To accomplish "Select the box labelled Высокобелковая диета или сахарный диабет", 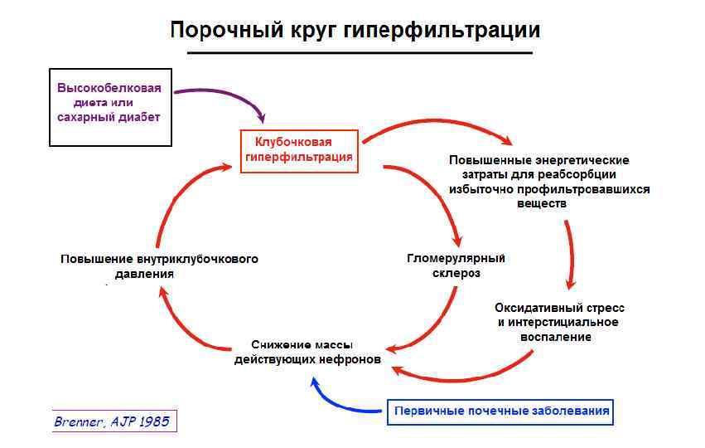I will [x=110, y=107].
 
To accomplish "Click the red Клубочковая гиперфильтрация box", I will [x=299, y=150].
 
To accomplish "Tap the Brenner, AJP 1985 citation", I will [x=112, y=421].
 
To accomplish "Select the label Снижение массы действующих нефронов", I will [x=307, y=353].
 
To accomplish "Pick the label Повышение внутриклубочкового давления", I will [x=159, y=266].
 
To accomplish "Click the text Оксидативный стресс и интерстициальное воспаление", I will [x=559, y=322].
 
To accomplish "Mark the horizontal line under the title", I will [x=360, y=53].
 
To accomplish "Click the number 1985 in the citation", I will [x=153, y=421].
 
